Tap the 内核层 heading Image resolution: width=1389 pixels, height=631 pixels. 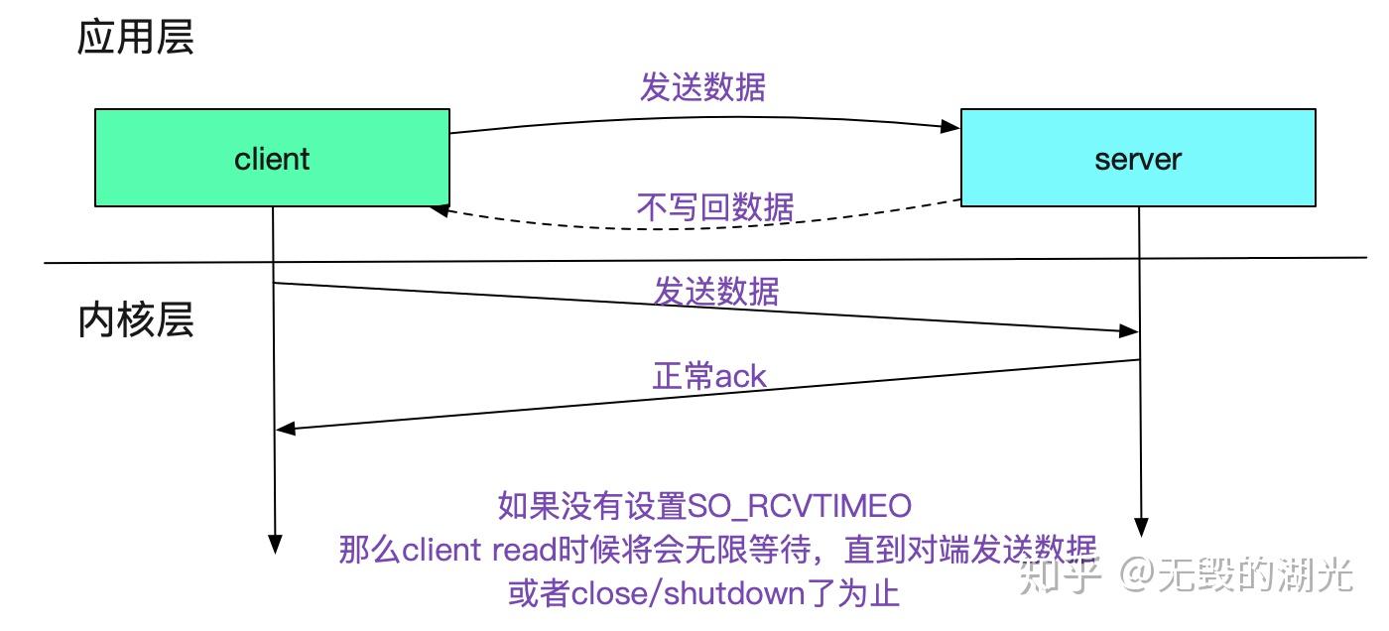click(136, 320)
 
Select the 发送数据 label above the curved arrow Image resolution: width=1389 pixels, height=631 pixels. click(702, 87)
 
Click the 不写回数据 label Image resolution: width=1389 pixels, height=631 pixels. click(714, 207)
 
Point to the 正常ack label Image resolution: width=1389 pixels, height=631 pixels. click(709, 375)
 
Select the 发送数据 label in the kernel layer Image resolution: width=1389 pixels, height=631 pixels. click(715, 291)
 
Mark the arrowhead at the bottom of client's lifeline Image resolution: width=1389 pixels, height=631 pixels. click(275, 544)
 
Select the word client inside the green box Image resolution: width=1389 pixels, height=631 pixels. click(272, 159)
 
